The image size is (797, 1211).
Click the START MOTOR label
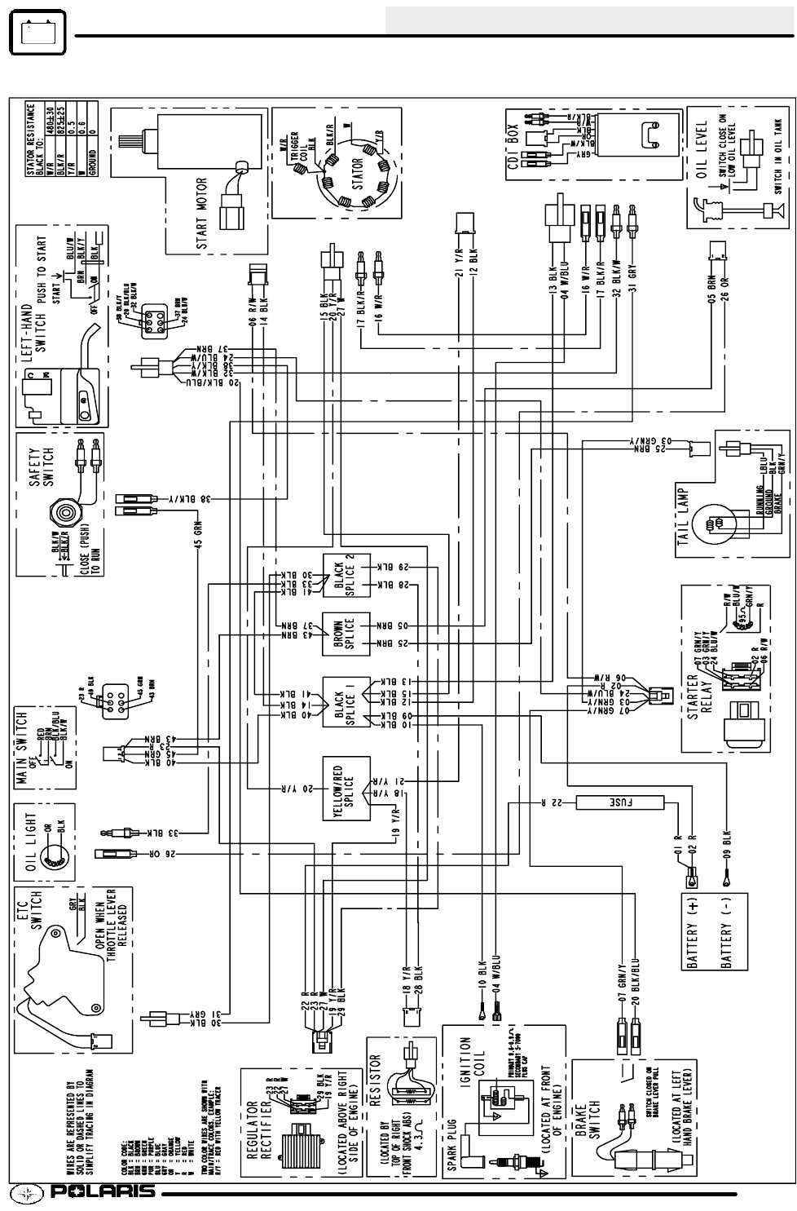coord(201,214)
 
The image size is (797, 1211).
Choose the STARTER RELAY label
coord(700,693)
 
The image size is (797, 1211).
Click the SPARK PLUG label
coord(453,1142)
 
